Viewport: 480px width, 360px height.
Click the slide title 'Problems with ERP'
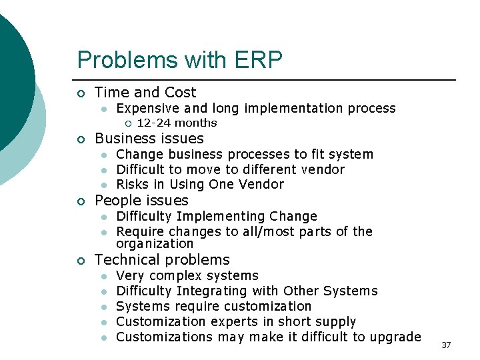[179, 60]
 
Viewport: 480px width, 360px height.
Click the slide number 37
[446, 345]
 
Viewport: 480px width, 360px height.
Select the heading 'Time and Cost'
[145, 93]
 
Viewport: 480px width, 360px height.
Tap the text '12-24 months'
[177, 123]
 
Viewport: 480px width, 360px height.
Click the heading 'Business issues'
[149, 139]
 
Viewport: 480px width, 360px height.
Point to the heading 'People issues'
[141, 201]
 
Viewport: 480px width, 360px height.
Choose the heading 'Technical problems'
[162, 260]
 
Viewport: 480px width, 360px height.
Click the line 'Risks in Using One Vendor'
[200, 185]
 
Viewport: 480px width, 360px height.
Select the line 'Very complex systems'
[187, 276]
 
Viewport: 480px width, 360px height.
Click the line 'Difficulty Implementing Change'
[217, 216]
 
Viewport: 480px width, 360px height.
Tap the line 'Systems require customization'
[213, 307]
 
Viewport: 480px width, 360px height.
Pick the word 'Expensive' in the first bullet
[147, 108]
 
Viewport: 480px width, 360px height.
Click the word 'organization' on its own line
[155, 244]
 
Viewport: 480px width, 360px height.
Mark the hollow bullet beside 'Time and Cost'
[81, 93]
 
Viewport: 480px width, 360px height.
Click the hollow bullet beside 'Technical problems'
[81, 261]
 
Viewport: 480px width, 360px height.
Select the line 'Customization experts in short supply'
[236, 322]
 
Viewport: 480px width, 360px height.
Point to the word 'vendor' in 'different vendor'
[323, 169]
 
